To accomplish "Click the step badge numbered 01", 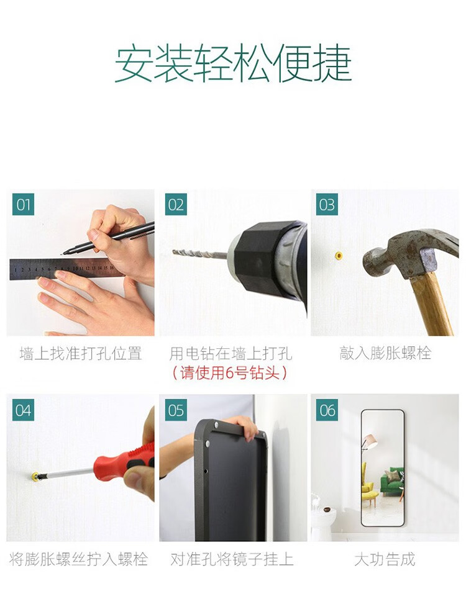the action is pos(23,204).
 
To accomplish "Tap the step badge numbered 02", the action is pos(176,204).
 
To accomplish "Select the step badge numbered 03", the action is pos(327,204).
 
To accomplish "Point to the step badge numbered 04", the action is pos(23,410).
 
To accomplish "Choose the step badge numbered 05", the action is pos(176,410).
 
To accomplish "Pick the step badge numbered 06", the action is pos(327,410).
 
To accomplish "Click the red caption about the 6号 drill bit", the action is pos(229,373).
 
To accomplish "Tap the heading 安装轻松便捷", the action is pos(233,64).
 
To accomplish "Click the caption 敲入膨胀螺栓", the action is pos(385,353).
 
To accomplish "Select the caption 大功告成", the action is pos(385,559).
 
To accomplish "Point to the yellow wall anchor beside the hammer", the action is pos(339,256).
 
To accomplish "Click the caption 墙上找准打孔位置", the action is pos(81,353).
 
